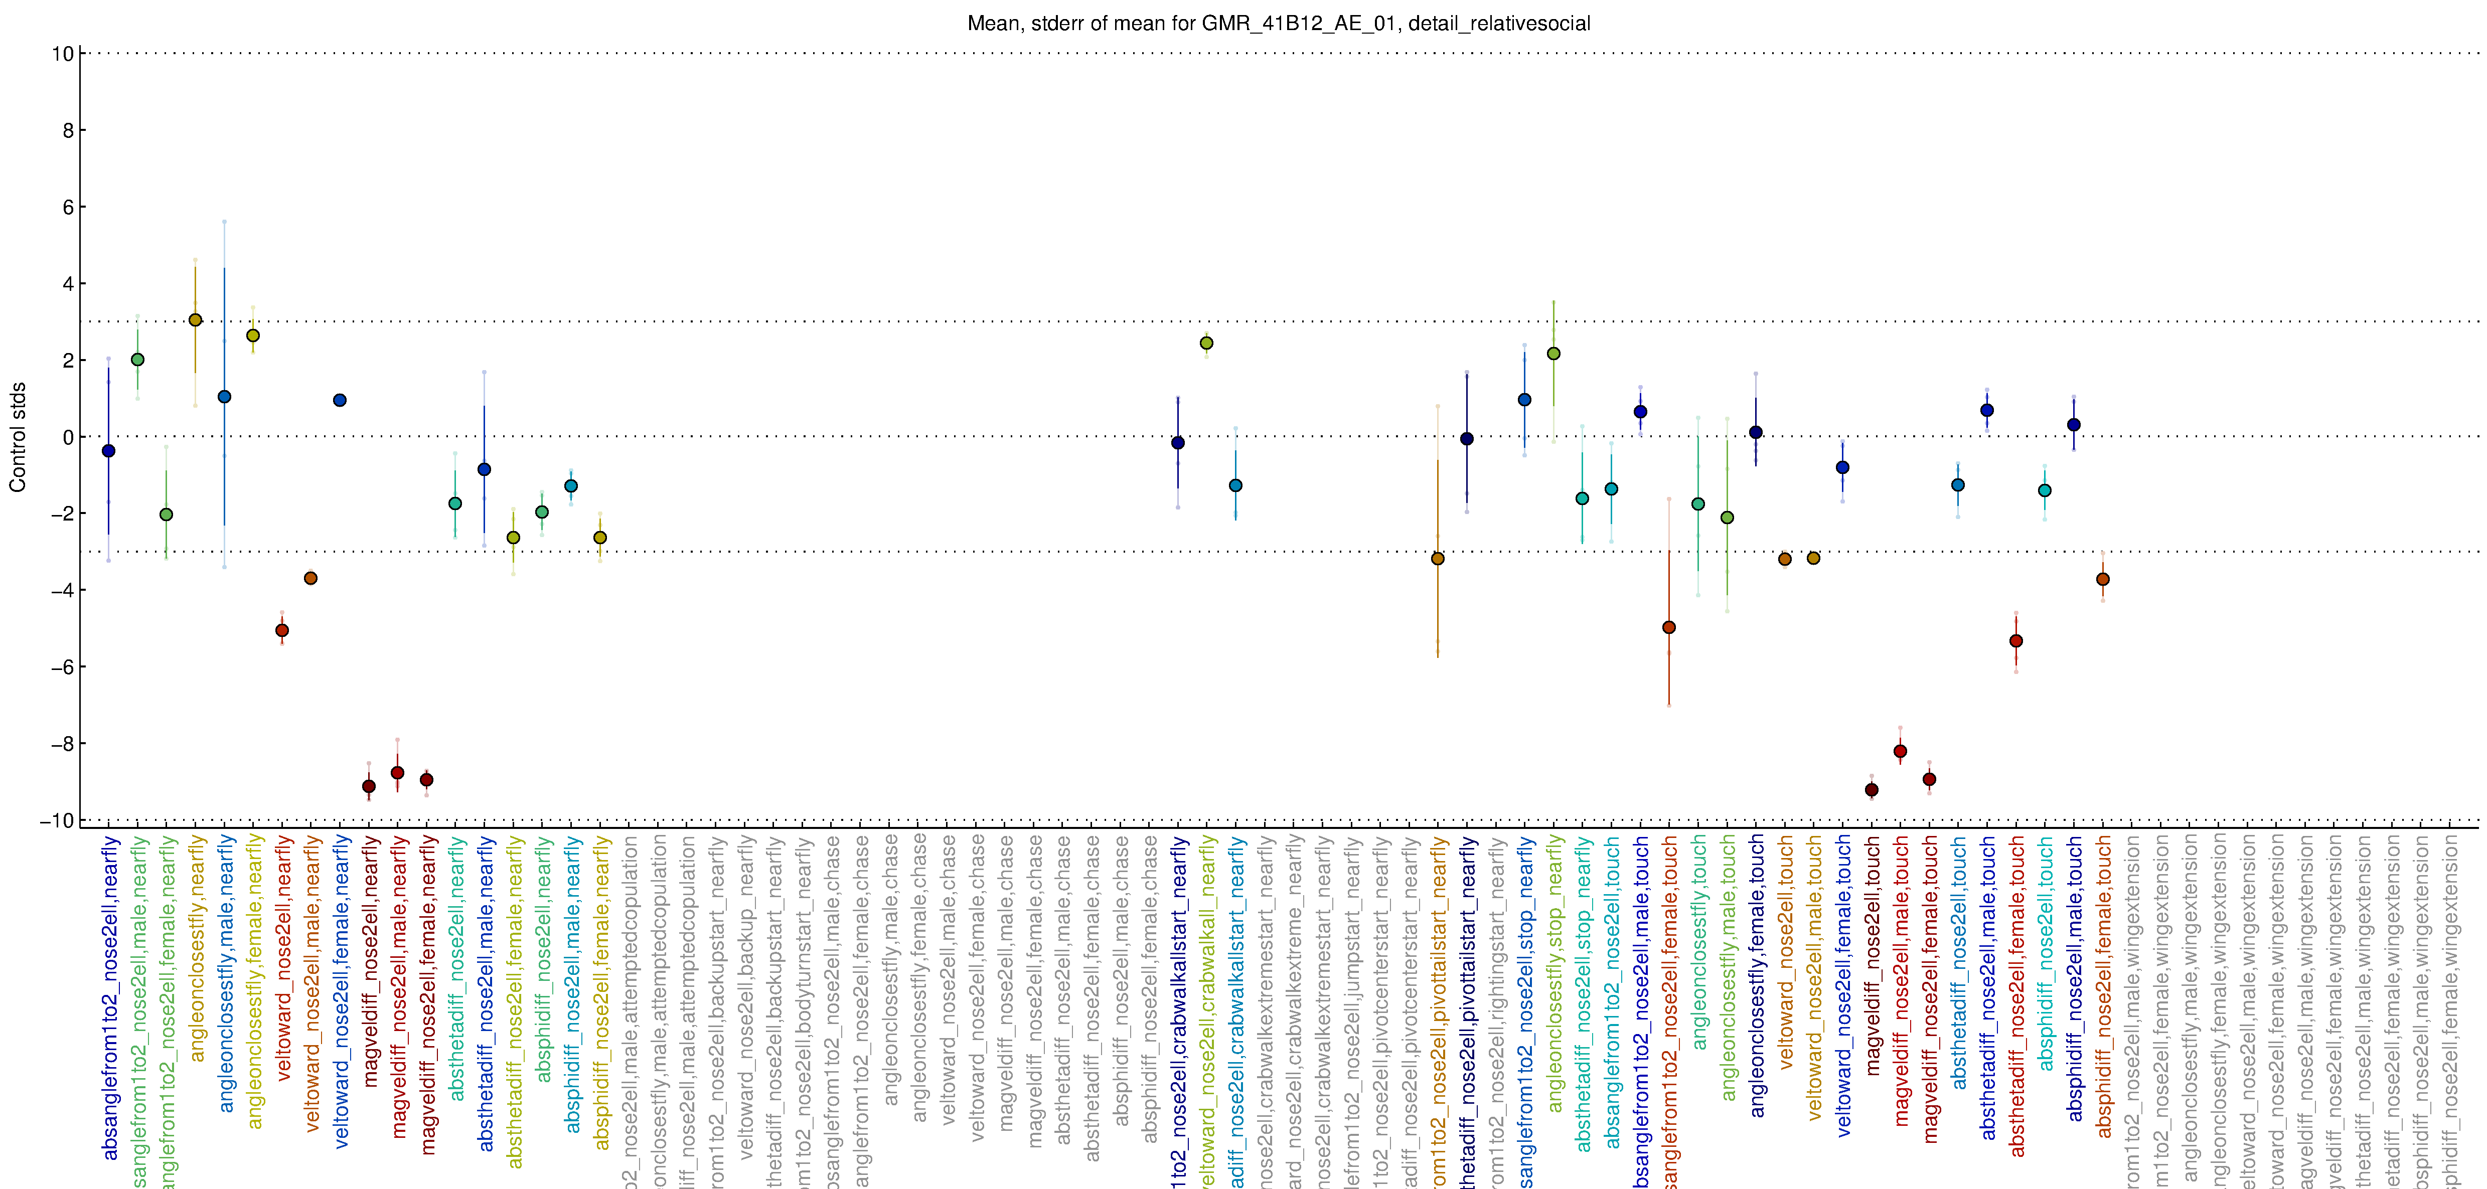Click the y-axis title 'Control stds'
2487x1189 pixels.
pyautogui.click(x=18, y=437)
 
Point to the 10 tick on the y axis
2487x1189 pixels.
pyautogui.click(x=63, y=54)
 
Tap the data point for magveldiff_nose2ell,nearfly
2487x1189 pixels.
pyautogui.click(x=369, y=786)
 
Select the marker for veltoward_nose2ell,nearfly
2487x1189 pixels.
pyautogui.click(x=282, y=630)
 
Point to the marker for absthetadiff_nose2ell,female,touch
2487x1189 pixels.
pyautogui.click(x=2016, y=641)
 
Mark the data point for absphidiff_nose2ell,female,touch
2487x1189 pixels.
pyautogui.click(x=2103, y=579)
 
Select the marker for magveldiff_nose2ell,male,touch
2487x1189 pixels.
pyautogui.click(x=1900, y=751)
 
